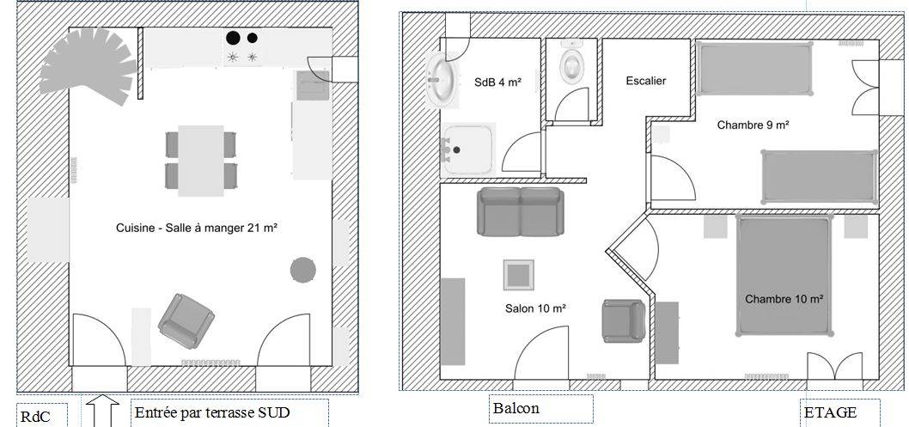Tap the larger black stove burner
(233, 39)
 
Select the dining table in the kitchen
(200, 161)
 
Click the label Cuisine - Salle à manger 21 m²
(197, 228)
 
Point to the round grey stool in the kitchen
(302, 270)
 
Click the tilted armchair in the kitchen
(186, 321)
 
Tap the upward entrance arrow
(102, 411)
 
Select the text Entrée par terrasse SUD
(212, 413)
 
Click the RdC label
(35, 418)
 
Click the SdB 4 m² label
(497, 82)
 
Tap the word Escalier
(646, 81)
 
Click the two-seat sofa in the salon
(521, 211)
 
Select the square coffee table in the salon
(518, 275)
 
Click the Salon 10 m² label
(535, 308)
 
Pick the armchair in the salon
(623, 320)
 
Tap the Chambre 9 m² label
(753, 125)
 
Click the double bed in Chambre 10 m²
(784, 275)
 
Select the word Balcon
(516, 408)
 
